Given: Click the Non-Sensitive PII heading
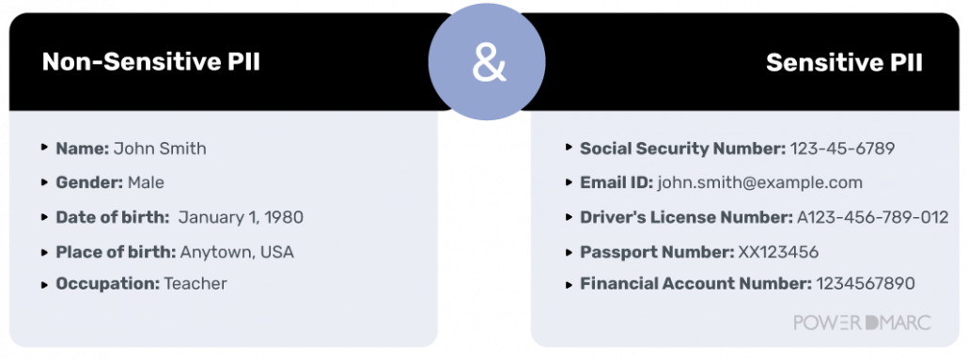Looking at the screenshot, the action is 151,63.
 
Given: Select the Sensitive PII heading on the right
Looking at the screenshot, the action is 844,63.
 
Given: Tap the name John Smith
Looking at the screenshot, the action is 160,149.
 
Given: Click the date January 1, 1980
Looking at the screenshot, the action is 241,217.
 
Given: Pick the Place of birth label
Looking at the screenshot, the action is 116,252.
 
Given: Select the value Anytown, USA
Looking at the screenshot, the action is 237,252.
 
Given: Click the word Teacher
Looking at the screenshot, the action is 195,283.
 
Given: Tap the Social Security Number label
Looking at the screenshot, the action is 682,149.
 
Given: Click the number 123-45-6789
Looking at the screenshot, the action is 842,149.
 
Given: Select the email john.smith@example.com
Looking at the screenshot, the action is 759,182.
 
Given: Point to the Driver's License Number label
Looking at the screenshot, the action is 686,217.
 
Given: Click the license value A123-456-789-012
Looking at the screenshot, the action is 872,217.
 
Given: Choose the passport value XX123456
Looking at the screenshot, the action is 778,252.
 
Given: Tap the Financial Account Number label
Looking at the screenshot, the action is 695,283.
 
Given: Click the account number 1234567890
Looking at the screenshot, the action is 866,283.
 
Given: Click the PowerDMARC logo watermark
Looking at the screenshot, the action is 862,322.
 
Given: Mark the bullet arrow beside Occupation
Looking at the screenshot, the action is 45,283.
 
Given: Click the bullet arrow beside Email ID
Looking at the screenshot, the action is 570,182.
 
